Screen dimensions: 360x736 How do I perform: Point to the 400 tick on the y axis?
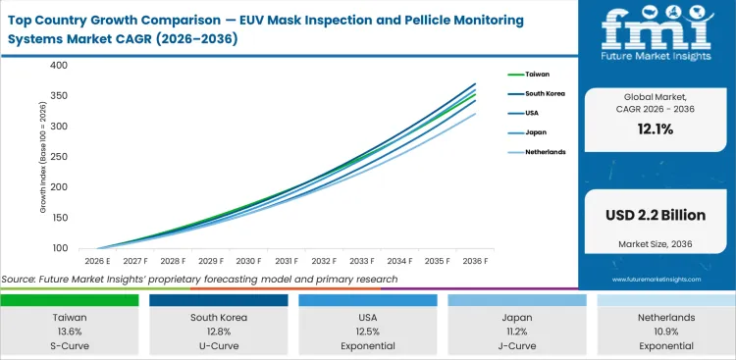[x=59, y=66]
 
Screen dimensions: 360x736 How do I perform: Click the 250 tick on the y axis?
[x=59, y=157]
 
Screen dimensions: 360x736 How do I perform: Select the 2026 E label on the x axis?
[x=97, y=261]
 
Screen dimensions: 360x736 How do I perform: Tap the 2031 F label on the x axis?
[x=287, y=261]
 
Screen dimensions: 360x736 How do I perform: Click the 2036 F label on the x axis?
[x=475, y=261]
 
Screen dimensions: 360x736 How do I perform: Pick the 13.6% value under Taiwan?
[x=70, y=332]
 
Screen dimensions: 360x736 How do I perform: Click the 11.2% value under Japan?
[x=517, y=332]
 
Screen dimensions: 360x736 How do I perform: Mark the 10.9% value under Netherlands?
[x=665, y=332]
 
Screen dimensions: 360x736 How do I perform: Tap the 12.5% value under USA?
[x=368, y=332]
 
